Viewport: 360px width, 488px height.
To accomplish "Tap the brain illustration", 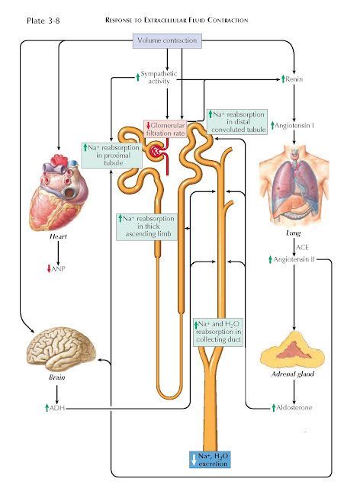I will [x=59, y=347].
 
